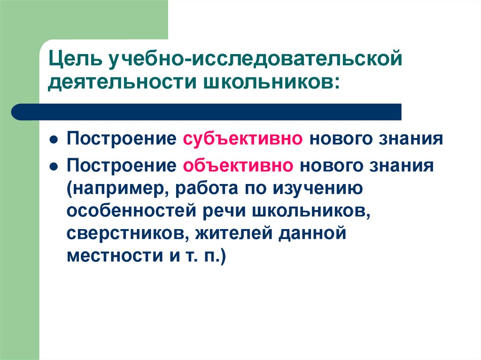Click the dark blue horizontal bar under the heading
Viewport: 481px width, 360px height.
point(207,112)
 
